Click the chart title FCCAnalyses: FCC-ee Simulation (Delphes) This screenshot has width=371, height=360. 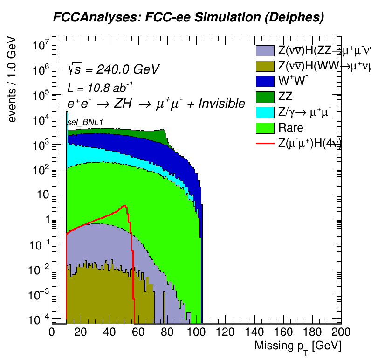tap(188, 17)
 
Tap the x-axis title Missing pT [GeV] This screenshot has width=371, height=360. tap(297, 346)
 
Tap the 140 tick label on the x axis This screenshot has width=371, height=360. tap(254, 332)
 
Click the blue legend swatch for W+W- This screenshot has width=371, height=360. tap(266, 81)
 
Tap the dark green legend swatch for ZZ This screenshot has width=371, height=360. tap(266, 97)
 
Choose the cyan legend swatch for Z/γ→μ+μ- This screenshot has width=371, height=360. tap(266, 112)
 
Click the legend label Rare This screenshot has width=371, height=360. tap(290, 128)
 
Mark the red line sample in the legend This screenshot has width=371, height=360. tap(266, 143)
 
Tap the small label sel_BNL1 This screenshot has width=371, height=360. tap(85, 122)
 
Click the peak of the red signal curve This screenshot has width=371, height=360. tap(124, 205)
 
